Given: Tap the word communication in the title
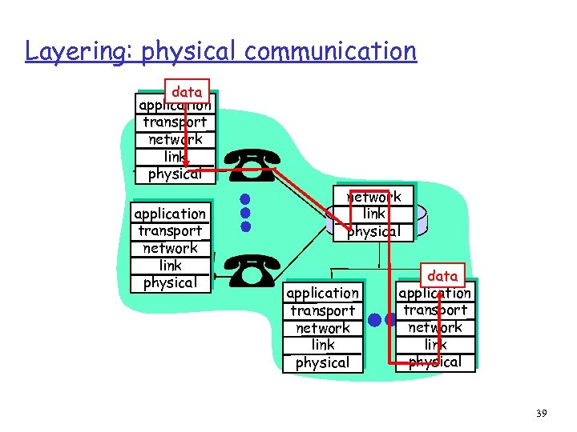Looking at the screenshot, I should coord(331,51).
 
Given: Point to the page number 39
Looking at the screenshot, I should coord(541,413).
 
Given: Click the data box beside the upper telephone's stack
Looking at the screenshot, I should coord(187,92).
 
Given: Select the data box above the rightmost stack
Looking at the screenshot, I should coord(442,276).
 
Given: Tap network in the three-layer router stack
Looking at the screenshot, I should coord(373,197).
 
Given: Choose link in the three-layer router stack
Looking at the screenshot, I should coord(373,214).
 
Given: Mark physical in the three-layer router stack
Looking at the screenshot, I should coord(373,231).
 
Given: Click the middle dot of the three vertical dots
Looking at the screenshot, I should coord(246,213).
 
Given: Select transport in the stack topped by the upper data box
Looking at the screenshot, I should coord(175,122).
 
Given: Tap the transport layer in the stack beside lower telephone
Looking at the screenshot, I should coord(170,231).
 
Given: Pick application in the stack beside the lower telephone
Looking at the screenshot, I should coord(170,214).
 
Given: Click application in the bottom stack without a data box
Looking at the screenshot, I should coord(323,294).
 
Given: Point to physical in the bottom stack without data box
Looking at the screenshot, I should coord(323,362).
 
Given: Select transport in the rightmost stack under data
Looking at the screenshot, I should coord(435,310).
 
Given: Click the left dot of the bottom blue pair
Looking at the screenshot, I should coord(374,320).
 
